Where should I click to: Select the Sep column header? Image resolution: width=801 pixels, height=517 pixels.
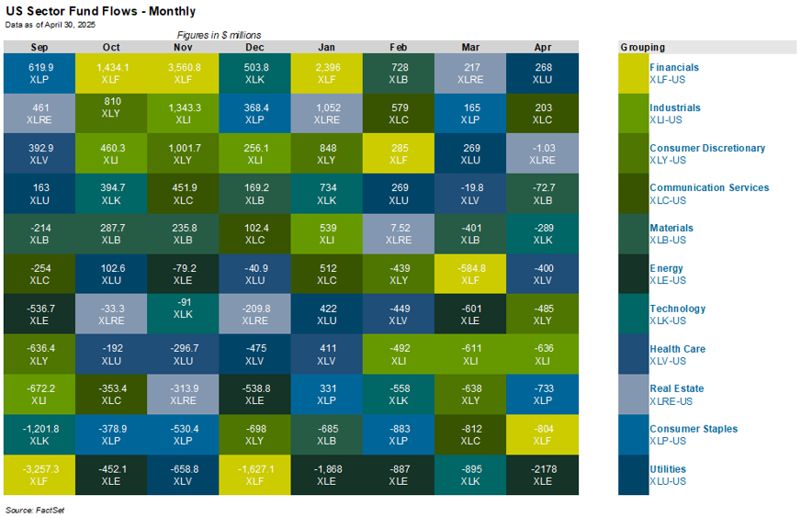point(39,47)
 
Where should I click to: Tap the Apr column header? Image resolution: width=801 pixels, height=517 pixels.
point(542,47)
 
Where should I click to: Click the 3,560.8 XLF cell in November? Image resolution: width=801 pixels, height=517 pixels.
point(182,73)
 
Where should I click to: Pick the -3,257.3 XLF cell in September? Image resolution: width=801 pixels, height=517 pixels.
point(39,475)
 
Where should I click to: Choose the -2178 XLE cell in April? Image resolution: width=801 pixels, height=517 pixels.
point(542,475)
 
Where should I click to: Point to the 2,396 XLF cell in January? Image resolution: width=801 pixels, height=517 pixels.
point(326,73)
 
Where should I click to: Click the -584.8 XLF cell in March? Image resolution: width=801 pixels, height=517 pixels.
point(470,274)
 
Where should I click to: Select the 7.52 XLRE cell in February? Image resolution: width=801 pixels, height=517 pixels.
point(399,233)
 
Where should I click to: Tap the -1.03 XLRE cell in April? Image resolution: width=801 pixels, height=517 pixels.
point(542,153)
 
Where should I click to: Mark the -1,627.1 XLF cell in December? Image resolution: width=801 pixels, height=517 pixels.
point(254,475)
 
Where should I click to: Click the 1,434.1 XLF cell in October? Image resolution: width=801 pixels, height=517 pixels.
point(110,73)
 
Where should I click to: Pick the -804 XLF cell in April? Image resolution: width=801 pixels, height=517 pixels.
point(542,434)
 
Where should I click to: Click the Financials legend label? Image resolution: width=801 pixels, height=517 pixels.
point(674,67)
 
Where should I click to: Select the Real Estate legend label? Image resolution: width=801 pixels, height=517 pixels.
point(677,388)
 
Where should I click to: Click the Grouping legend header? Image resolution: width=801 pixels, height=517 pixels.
point(642,47)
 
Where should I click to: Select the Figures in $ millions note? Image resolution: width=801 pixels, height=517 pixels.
point(219,35)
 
